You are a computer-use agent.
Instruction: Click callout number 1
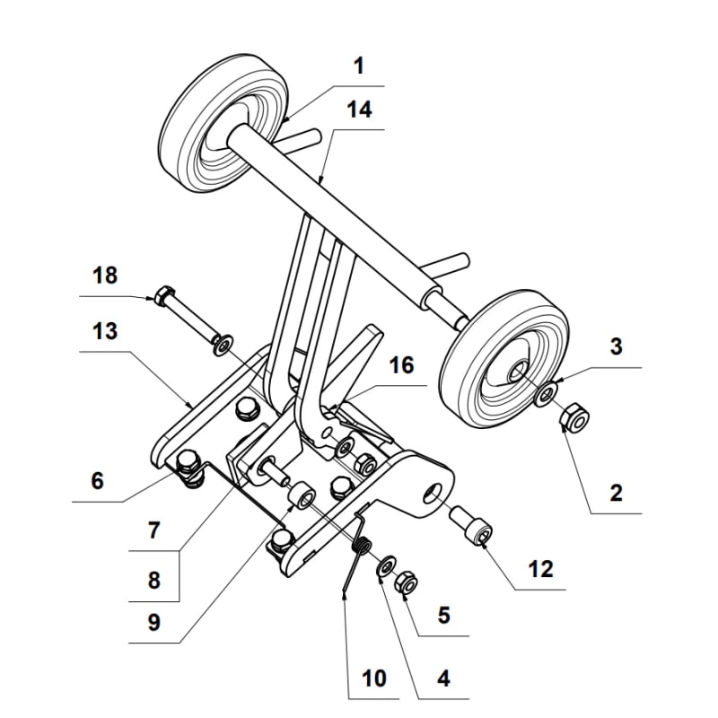coord(358,66)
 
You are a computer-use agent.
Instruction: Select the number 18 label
coord(106,276)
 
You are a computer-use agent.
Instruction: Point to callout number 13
coord(106,332)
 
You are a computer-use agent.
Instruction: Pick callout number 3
coord(615,347)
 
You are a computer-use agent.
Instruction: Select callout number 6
coord(97,481)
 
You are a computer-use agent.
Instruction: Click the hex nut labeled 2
coord(574,417)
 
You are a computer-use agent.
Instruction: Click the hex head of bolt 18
coord(164,295)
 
